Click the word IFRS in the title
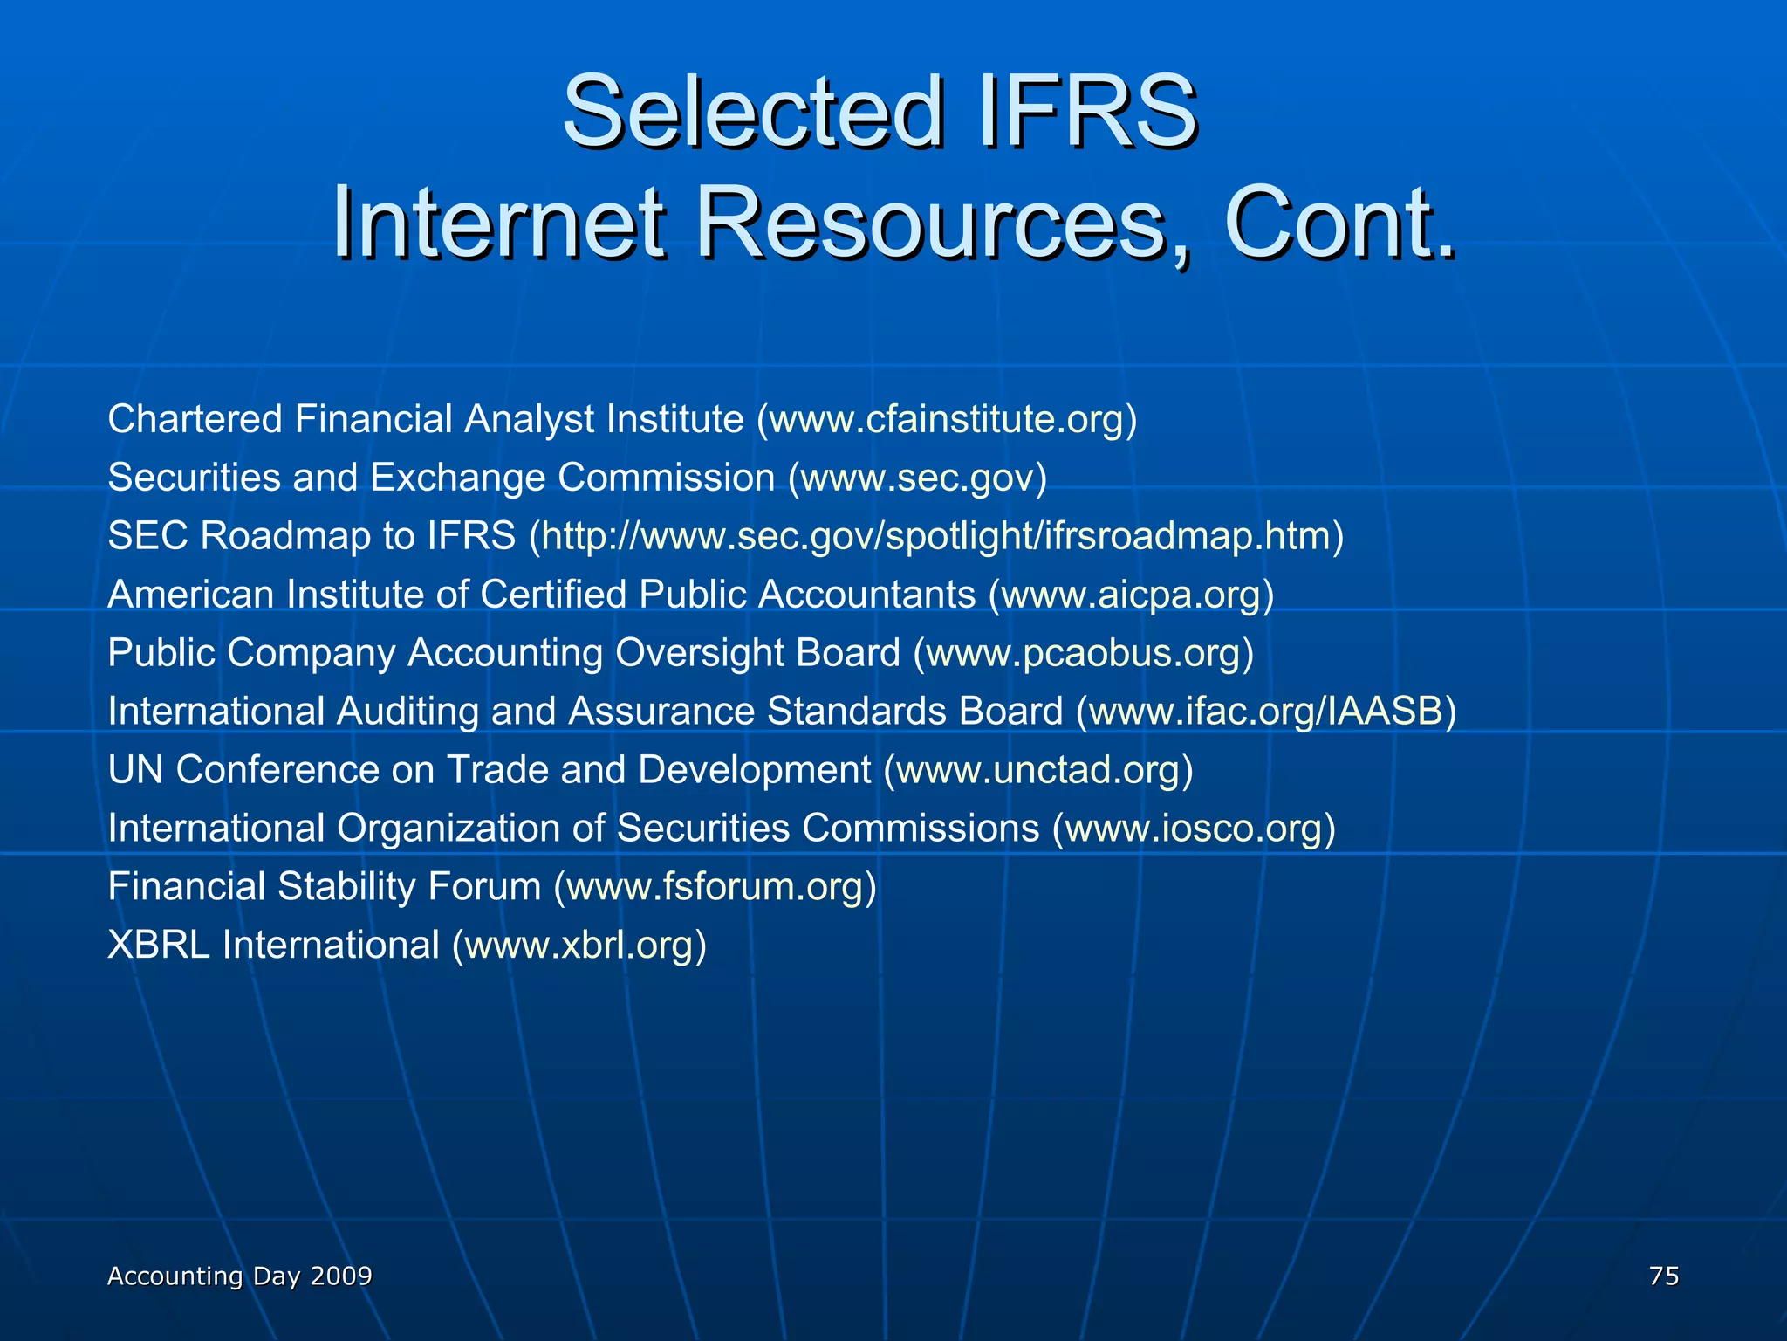click(x=1087, y=112)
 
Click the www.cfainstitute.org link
click(x=947, y=419)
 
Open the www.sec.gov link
click(x=917, y=478)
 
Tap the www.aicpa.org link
click(x=1131, y=595)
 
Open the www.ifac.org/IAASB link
click(x=1266, y=712)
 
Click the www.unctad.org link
click(x=1038, y=770)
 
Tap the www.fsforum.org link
click(x=715, y=887)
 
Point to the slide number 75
click(x=1664, y=1276)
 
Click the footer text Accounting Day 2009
click(x=239, y=1276)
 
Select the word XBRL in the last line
click(x=158, y=946)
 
